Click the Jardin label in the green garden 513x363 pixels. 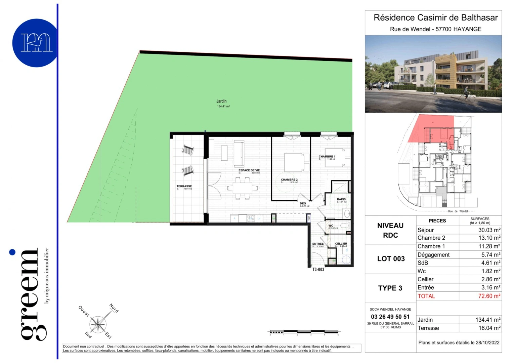coord(221,101)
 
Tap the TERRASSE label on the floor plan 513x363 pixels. coord(184,186)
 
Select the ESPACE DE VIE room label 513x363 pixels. coord(249,170)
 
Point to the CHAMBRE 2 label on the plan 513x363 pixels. coord(289,180)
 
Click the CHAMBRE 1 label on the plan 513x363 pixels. coord(327,157)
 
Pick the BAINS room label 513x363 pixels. coord(341,199)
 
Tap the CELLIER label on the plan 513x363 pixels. coord(341,244)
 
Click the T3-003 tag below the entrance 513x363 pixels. coord(318,270)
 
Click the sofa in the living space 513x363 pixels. coord(239,154)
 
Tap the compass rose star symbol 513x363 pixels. coord(98,324)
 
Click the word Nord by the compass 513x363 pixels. coord(114,308)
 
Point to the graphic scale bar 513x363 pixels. coord(304,332)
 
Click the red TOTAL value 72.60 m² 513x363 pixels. coord(489,296)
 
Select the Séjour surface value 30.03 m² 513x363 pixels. coord(489,230)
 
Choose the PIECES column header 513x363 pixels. coord(437,221)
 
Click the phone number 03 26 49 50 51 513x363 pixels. coord(390,317)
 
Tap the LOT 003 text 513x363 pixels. coord(391,259)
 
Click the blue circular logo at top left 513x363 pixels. coord(36,43)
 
